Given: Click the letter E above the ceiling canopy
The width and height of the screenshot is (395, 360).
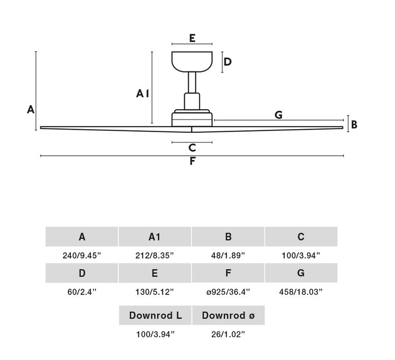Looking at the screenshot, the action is (x=192, y=38).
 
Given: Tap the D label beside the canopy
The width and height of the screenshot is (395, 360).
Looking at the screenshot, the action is (x=228, y=62).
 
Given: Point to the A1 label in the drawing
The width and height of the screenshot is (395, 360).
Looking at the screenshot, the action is (x=142, y=93).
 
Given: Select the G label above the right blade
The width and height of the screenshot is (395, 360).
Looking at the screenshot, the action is (x=278, y=115).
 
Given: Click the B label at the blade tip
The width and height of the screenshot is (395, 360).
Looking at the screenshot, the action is (x=354, y=125).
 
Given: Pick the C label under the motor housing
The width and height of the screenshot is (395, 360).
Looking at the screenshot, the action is (x=192, y=148).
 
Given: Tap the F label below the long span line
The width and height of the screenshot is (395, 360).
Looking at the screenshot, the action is (x=192, y=161).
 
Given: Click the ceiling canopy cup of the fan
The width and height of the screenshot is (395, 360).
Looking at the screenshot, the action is (x=192, y=62).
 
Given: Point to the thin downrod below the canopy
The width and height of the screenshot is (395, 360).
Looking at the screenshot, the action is (x=192, y=82).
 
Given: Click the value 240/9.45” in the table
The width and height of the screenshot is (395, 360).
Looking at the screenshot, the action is (x=82, y=255).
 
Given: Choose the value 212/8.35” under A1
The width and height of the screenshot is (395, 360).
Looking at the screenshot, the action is (x=155, y=255).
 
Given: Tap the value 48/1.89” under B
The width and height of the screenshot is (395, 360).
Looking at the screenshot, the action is (x=228, y=255).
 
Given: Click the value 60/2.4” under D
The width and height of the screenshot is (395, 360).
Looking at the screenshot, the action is (x=82, y=292).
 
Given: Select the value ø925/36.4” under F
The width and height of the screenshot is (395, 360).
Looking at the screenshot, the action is (x=228, y=292).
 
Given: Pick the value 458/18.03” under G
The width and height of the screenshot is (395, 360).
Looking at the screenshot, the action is (x=301, y=292).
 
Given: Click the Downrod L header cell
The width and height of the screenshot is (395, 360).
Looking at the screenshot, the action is (x=155, y=315).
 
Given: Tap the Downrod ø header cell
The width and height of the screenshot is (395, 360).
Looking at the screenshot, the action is (x=228, y=315).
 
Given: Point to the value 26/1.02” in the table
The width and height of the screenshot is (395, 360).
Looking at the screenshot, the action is (x=228, y=334).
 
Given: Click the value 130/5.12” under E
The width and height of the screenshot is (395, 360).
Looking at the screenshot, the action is (x=155, y=292).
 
